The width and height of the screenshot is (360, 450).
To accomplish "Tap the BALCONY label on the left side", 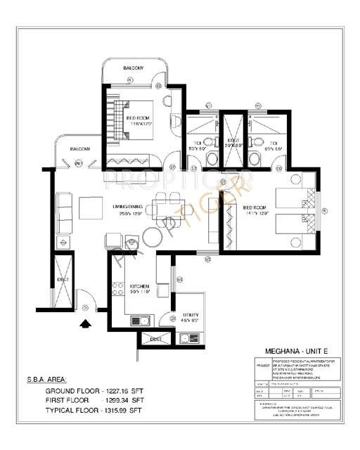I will (79, 149).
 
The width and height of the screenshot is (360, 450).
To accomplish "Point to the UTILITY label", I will (191, 314).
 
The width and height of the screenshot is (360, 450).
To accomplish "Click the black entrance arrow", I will (86, 323).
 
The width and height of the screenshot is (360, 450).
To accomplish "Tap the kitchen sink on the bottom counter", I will (140, 321).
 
